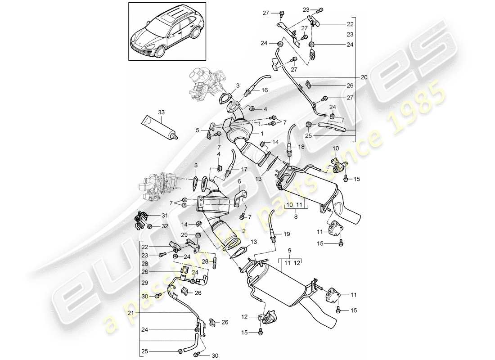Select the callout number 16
265,90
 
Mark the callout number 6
239,181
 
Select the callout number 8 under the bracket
296,216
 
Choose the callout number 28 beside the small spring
204,261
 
